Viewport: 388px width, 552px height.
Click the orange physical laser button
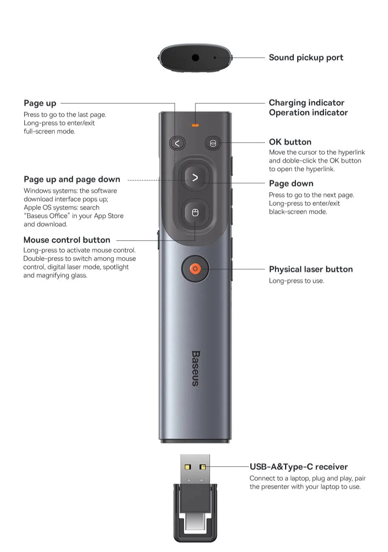click(195, 269)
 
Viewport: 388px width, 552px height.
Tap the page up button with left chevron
click(177, 143)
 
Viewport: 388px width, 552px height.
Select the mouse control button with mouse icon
click(195, 213)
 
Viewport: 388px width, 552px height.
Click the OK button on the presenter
click(213, 143)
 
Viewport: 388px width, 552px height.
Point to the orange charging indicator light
click(195, 126)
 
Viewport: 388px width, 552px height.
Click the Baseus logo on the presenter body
click(195, 368)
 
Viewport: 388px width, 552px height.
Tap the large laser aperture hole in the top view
click(195, 58)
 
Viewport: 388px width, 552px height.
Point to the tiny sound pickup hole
click(215, 58)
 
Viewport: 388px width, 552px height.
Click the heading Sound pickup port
click(306, 58)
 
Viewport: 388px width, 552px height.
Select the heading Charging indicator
click(306, 103)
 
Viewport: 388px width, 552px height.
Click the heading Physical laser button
click(311, 269)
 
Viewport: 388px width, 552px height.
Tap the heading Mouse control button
click(67, 240)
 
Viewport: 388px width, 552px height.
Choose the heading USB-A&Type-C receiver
click(298, 467)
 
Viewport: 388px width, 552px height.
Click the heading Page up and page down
click(72, 180)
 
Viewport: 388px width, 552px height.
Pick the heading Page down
click(291, 183)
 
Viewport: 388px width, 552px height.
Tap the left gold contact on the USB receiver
click(188, 467)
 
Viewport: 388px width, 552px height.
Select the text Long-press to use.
click(296, 281)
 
